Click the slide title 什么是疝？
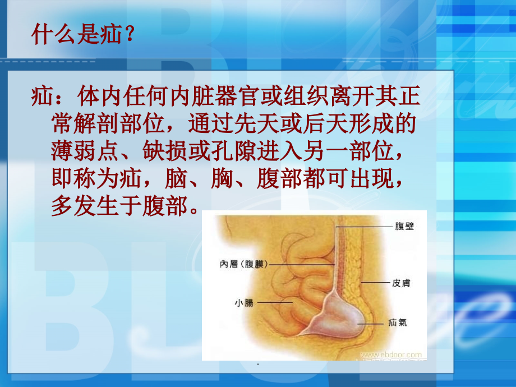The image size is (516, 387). click(83, 35)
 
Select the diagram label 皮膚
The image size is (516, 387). click(400, 283)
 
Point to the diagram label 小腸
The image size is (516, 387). click(244, 303)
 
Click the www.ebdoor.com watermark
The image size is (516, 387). click(391, 354)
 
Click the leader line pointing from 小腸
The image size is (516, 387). click(274, 303)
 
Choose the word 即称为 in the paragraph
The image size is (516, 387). click(82, 179)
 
